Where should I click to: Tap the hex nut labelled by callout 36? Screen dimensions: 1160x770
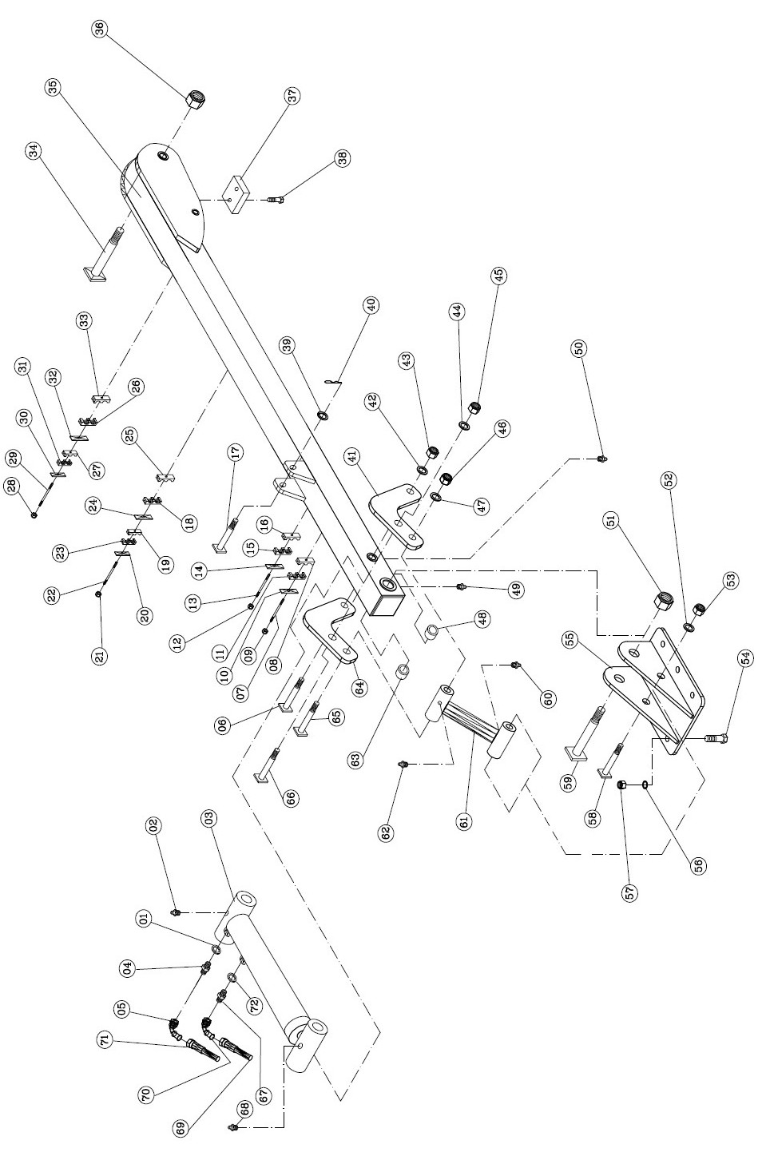194,101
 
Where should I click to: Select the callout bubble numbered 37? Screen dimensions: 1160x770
293,95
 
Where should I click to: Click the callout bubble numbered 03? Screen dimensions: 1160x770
210,818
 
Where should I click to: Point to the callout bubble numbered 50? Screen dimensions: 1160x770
579,348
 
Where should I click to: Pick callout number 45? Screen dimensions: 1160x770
498,276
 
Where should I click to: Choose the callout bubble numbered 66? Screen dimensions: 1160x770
292,797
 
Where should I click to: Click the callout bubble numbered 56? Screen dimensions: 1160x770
699,864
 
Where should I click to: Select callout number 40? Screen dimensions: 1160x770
371,304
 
